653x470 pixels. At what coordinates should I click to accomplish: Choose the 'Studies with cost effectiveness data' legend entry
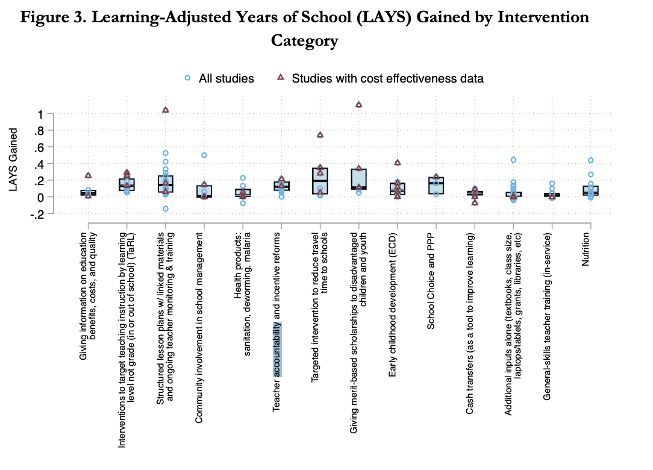(x=387, y=78)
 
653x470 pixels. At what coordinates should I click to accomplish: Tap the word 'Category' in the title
(x=305, y=41)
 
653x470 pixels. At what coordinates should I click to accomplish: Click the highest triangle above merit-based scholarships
(x=358, y=105)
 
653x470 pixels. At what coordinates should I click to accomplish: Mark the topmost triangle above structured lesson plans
(x=166, y=110)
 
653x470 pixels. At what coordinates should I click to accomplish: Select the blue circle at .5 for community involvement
(x=204, y=155)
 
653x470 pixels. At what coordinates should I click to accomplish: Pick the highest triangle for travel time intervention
(x=320, y=135)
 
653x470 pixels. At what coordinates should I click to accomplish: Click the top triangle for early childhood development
(x=398, y=163)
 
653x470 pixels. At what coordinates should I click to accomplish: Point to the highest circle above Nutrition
(x=591, y=160)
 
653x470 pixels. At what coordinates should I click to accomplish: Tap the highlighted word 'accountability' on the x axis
(x=278, y=349)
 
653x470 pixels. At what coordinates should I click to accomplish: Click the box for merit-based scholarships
(x=359, y=179)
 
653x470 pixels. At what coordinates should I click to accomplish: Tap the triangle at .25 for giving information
(x=89, y=175)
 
